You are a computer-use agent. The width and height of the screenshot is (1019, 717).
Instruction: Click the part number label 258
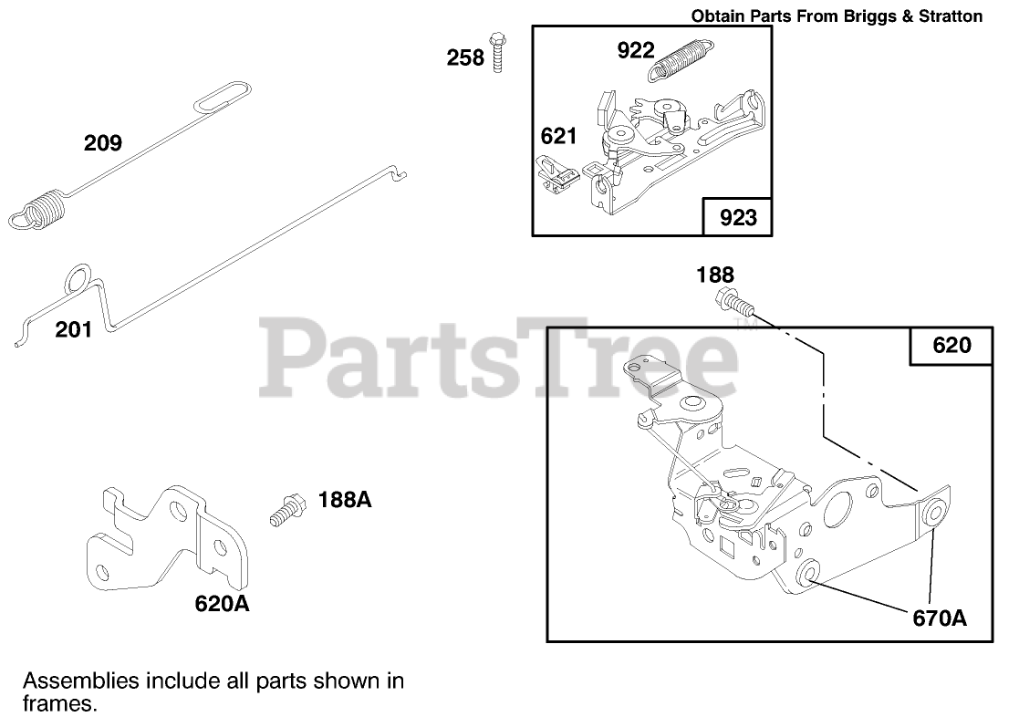tap(464, 57)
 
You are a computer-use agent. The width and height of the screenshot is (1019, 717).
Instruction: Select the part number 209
tap(103, 142)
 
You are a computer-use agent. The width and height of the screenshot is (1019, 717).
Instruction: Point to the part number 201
tap(74, 329)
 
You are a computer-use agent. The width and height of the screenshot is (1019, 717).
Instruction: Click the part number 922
tap(636, 50)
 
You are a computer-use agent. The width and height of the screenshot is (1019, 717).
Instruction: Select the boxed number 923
tap(738, 218)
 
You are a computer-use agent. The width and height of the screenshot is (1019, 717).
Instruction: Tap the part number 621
tap(558, 136)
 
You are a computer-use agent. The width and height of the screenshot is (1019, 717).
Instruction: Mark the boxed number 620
tap(951, 345)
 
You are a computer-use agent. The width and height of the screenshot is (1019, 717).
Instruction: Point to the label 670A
tap(939, 618)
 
